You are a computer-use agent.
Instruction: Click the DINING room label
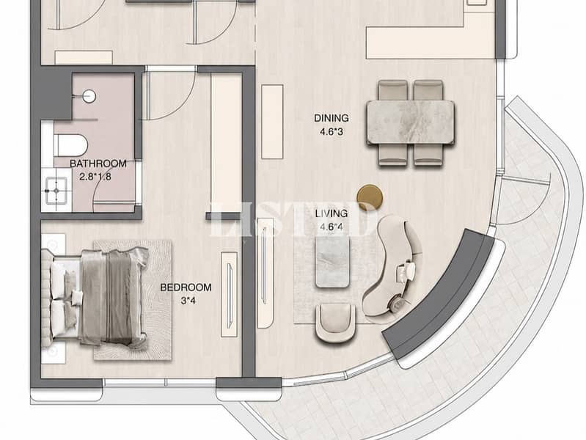tap(331, 118)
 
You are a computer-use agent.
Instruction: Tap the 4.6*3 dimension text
tap(331, 131)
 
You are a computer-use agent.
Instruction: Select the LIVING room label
tap(331, 213)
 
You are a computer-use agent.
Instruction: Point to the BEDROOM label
tap(186, 287)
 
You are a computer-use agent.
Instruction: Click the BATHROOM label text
tap(98, 164)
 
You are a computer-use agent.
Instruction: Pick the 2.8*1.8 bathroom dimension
tap(95, 177)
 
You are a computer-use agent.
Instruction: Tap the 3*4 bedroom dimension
tap(188, 301)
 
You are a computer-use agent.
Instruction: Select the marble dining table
tap(411, 122)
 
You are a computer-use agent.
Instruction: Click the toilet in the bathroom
tap(70, 145)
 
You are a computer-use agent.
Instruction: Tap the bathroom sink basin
tap(56, 191)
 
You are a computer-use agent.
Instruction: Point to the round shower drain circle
tap(89, 97)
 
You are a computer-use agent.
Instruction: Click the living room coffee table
tap(333, 263)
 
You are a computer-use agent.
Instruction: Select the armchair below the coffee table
tap(335, 323)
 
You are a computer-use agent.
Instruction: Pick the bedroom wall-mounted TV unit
tap(229, 295)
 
